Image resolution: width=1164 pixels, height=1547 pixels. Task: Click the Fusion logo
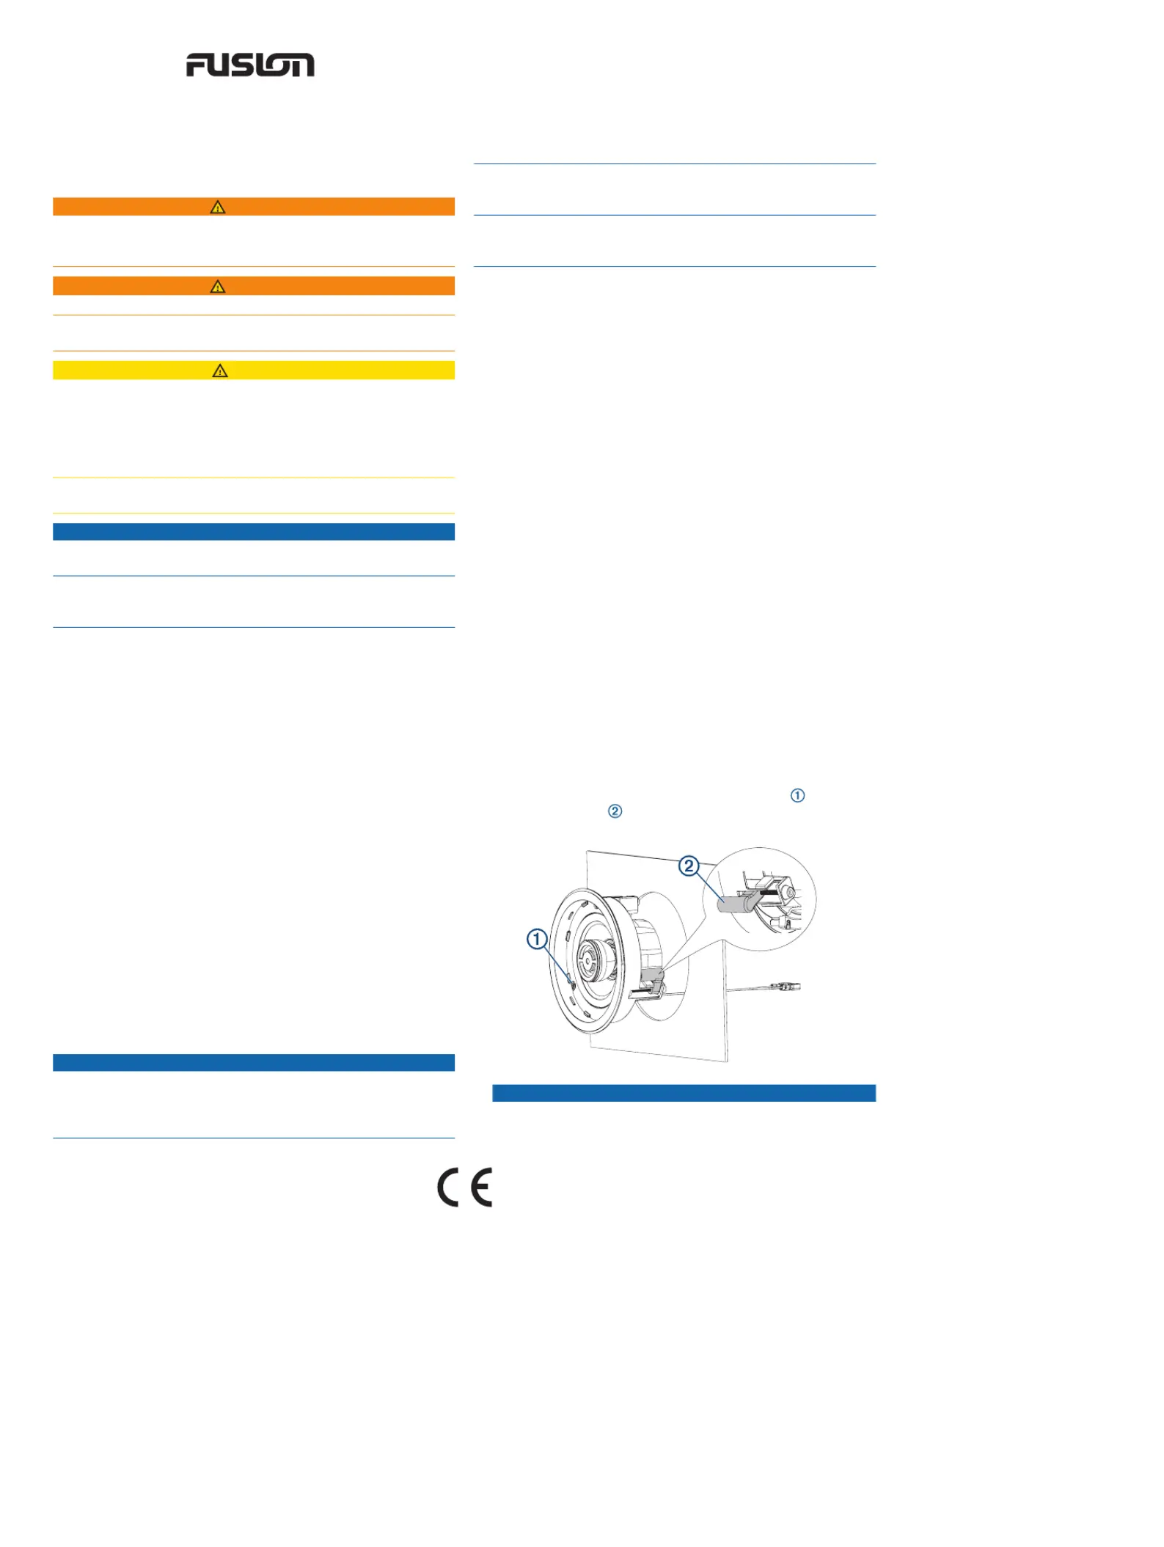point(250,65)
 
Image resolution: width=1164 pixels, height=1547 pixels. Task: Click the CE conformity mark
point(465,1187)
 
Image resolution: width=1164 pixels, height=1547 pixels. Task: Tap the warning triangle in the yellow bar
point(220,370)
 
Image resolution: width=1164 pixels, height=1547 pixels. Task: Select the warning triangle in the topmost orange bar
point(218,207)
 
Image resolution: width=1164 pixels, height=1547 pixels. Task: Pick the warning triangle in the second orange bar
point(218,286)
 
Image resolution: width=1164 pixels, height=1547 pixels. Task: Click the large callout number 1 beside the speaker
point(537,939)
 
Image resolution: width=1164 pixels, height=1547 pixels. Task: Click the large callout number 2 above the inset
point(688,866)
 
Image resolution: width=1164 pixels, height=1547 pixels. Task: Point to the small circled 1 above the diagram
point(797,796)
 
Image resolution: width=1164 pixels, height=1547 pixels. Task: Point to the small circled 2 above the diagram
point(615,811)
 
